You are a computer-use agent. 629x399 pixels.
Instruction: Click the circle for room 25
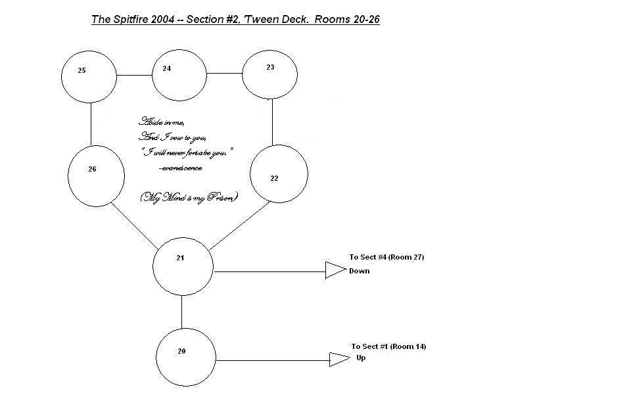89,75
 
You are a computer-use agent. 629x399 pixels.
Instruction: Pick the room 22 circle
279,174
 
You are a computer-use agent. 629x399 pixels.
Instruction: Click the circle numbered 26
96,176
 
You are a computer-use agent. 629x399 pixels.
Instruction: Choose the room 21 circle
183,266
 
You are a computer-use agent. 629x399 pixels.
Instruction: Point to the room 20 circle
186,357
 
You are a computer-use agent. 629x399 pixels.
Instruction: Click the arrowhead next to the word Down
335,270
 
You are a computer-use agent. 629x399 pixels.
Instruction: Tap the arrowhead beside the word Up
338,359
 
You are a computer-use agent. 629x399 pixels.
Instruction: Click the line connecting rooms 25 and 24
135,75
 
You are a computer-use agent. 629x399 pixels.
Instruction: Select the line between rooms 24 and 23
225,74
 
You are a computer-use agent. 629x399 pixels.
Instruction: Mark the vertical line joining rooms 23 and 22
272,122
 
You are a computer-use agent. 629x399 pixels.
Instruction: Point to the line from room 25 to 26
91,124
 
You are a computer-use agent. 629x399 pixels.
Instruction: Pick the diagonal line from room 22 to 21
239,226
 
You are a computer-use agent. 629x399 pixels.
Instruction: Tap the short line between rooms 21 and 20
182,312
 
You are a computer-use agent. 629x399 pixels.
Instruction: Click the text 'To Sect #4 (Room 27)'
386,258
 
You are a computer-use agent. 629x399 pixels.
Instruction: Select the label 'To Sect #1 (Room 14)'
388,346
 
